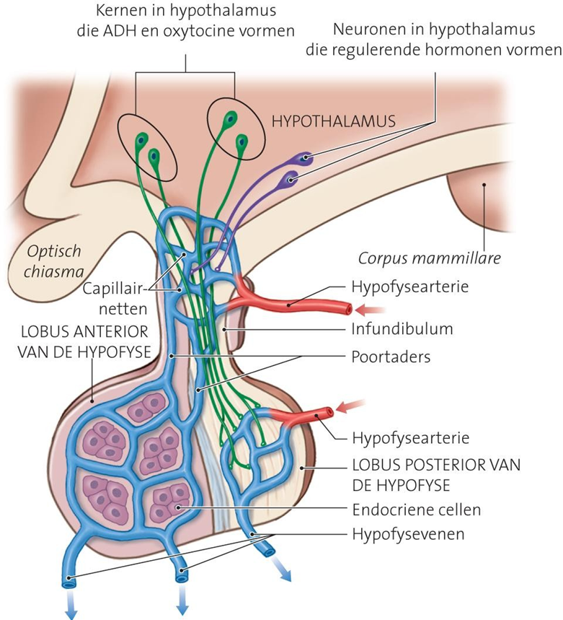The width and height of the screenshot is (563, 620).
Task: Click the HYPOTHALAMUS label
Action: pyautogui.click(x=333, y=121)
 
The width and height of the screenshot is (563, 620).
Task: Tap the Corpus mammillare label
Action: pyautogui.click(x=429, y=258)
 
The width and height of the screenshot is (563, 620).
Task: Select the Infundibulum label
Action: pyautogui.click(x=402, y=329)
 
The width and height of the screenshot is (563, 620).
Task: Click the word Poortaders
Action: pyautogui.click(x=391, y=357)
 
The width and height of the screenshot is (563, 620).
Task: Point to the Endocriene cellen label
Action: pyautogui.click(x=417, y=510)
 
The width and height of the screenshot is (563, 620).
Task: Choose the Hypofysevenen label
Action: pyautogui.click(x=408, y=534)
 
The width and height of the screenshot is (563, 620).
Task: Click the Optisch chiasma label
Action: pyautogui.click(x=53, y=261)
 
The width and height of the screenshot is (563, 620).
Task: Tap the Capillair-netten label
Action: pyautogui.click(x=115, y=299)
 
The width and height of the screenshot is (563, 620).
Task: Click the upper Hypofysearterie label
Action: pyautogui.click(x=409, y=287)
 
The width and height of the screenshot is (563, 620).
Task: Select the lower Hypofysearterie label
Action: pyautogui.click(x=411, y=438)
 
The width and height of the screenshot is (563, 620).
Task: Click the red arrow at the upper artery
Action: pyautogui.click(x=369, y=310)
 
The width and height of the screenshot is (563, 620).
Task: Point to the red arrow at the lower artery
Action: pyautogui.click(x=350, y=406)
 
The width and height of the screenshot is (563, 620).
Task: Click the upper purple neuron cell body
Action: pyautogui.click(x=304, y=159)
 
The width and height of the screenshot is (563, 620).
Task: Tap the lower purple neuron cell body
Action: pyautogui.click(x=291, y=180)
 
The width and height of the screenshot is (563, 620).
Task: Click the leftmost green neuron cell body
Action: pyautogui.click(x=141, y=139)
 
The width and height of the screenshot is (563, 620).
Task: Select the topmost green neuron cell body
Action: pyautogui.click(x=230, y=118)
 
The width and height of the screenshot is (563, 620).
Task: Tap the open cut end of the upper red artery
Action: pyautogui.click(x=348, y=309)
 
